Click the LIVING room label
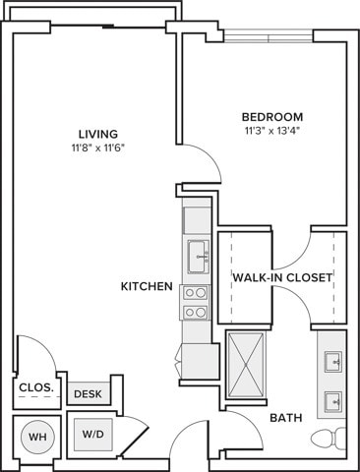click(98, 134)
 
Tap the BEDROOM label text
click(272, 117)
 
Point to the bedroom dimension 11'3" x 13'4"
click(272, 131)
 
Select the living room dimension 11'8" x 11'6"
click(98, 148)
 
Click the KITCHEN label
click(147, 286)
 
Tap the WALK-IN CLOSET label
click(282, 277)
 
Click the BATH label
click(286, 418)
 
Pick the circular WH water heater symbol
click(37, 437)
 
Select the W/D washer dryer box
click(93, 435)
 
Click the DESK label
click(88, 394)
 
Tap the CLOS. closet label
click(36, 387)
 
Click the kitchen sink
click(199, 257)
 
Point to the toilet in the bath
click(328, 439)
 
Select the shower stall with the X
click(246, 365)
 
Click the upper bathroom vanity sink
click(333, 362)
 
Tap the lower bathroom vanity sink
click(333, 401)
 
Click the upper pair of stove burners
click(196, 293)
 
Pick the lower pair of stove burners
click(196, 313)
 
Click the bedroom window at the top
click(269, 36)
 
